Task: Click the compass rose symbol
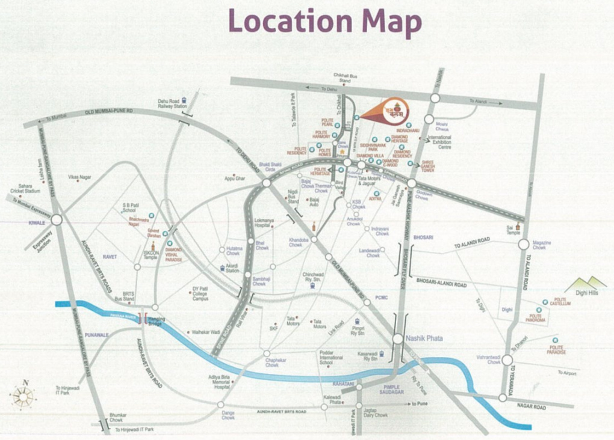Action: click(x=23, y=395)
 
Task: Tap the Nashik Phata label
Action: click(x=424, y=338)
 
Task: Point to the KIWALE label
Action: click(x=37, y=222)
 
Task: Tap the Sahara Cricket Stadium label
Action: click(x=29, y=188)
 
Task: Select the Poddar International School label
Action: click(x=330, y=358)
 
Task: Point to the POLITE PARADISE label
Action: click(x=557, y=349)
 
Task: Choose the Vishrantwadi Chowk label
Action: click(x=488, y=359)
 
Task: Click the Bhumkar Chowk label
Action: click(x=117, y=417)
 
